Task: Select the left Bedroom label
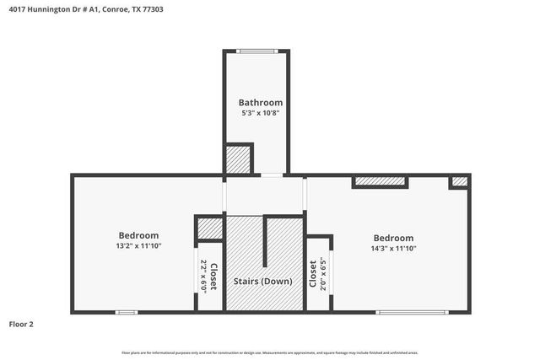(138, 235)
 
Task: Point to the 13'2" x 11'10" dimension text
(138, 246)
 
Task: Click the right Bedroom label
(393, 238)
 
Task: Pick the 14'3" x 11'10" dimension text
(393, 249)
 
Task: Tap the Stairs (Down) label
(264, 281)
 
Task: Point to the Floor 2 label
(21, 324)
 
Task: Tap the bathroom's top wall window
(256, 51)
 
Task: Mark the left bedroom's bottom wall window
(126, 313)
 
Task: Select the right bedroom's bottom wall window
(412, 313)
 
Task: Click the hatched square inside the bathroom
(238, 160)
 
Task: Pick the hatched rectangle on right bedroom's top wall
(379, 180)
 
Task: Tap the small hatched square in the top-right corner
(459, 181)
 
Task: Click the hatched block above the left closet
(208, 228)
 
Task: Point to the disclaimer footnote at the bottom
(269, 352)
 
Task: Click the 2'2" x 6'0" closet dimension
(202, 276)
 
